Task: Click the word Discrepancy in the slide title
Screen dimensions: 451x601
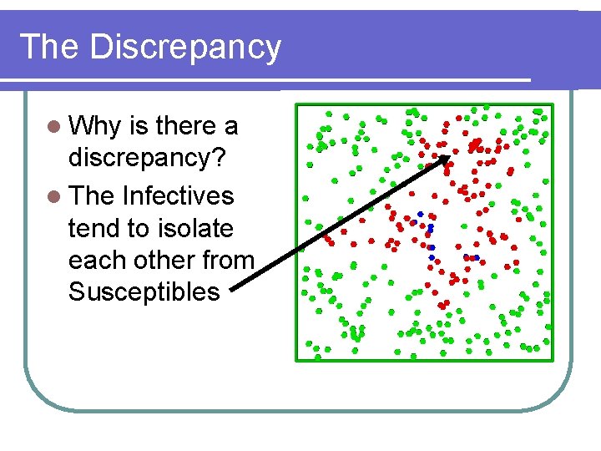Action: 185,48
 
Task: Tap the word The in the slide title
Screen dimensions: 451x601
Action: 50,47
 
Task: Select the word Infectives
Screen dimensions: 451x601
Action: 178,196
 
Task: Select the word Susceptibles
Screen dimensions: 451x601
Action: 144,291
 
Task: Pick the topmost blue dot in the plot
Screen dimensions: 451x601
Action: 421,214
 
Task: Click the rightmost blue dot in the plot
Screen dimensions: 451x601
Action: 476,257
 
